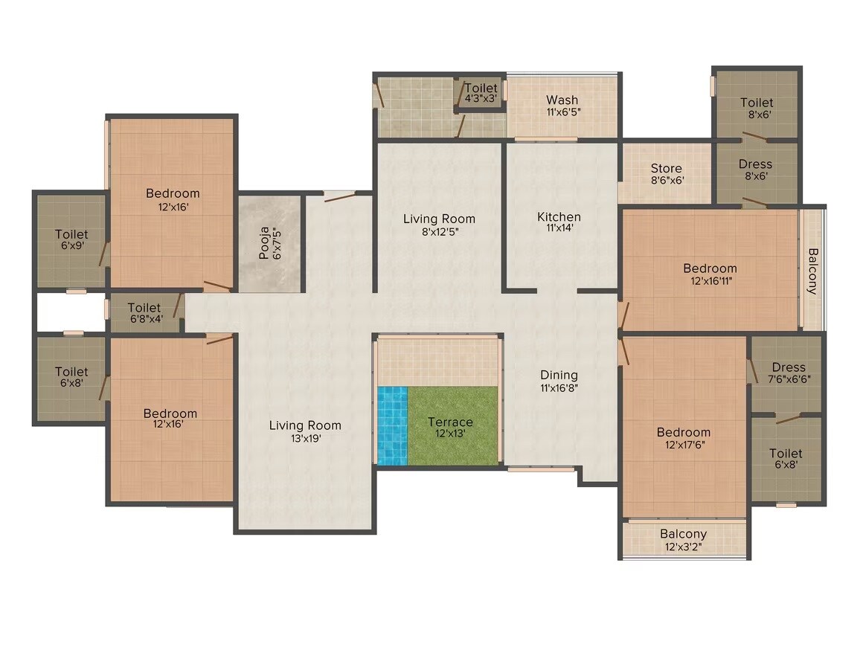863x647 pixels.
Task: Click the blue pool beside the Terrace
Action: click(x=392, y=425)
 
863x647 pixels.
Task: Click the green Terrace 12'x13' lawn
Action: click(x=451, y=427)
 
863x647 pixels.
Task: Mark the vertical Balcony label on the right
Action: click(x=812, y=271)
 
